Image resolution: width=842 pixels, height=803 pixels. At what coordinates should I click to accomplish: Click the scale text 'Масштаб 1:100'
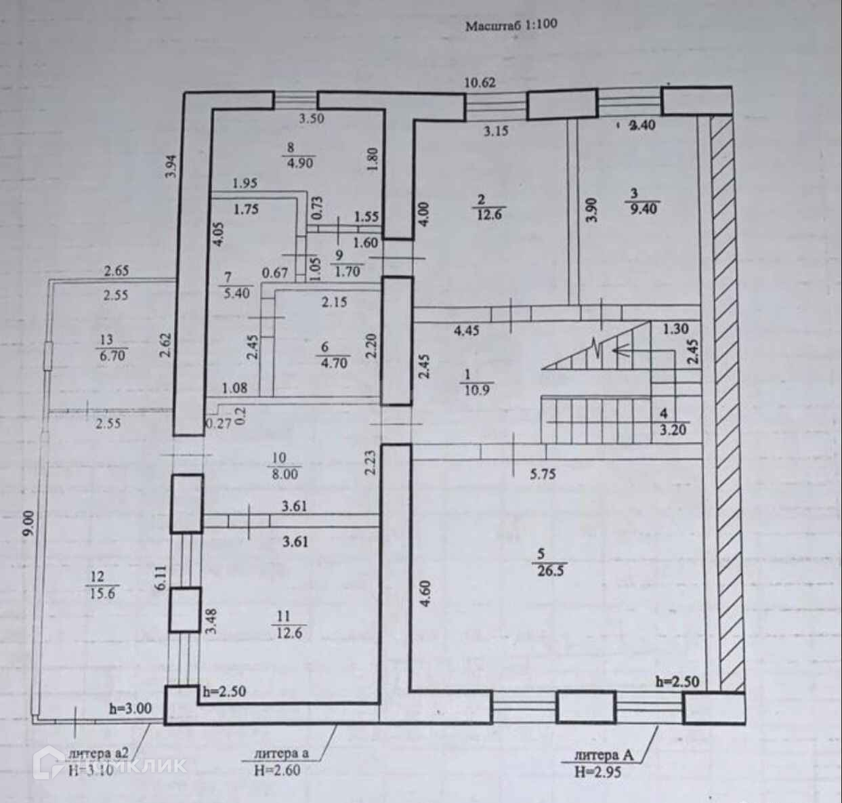511,26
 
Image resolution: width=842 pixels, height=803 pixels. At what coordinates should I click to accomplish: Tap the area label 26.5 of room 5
549,570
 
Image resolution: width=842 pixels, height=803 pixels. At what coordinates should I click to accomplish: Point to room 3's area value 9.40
644,209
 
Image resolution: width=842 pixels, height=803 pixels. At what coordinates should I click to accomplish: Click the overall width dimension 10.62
480,83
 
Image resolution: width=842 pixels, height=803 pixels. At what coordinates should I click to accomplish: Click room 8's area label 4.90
300,163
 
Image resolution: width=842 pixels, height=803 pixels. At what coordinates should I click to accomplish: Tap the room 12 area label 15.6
104,593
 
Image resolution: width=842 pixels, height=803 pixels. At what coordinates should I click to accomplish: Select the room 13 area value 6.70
112,355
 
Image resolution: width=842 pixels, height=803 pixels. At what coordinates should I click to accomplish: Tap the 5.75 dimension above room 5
543,474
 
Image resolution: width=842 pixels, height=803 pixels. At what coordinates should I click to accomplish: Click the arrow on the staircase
620,350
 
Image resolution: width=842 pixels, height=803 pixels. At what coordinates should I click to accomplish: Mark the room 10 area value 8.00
284,474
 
